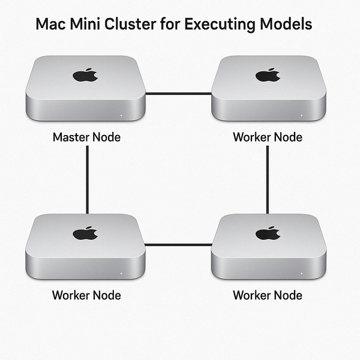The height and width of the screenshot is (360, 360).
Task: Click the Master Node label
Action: click(x=86, y=137)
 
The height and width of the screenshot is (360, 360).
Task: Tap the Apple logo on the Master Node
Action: click(x=85, y=75)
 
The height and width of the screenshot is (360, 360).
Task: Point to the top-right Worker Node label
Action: click(x=268, y=137)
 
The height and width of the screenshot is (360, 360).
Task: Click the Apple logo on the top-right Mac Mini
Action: click(x=268, y=75)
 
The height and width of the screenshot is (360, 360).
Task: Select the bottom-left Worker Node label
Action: click(x=86, y=295)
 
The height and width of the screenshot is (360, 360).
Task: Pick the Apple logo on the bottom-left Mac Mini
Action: click(x=85, y=233)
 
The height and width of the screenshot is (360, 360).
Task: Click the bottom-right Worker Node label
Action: click(x=268, y=295)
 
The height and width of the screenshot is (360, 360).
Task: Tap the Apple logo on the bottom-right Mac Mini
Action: click(x=268, y=233)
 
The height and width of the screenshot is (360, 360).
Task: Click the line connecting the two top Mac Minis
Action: click(x=178, y=94)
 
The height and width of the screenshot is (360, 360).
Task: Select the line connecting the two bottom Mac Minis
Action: click(x=178, y=245)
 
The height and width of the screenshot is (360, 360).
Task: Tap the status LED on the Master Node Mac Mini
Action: click(x=121, y=115)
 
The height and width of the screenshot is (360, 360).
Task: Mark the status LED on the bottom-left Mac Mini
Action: click(x=121, y=274)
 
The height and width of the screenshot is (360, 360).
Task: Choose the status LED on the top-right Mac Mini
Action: click(x=301, y=115)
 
